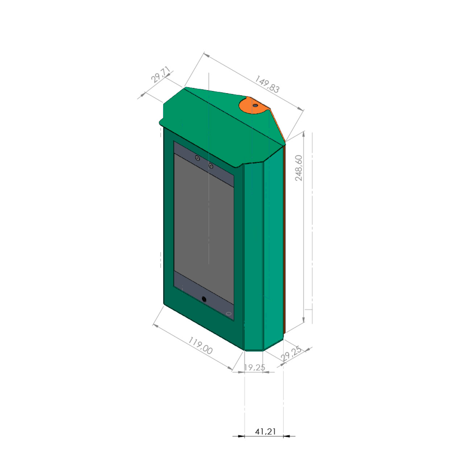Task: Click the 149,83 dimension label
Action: [x=267, y=84]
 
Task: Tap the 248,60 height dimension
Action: [x=299, y=168]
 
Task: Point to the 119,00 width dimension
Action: [x=200, y=346]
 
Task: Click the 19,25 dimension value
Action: [x=254, y=368]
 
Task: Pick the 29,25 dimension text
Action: [x=291, y=353]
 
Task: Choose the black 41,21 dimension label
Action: [x=265, y=431]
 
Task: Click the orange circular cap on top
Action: [x=254, y=105]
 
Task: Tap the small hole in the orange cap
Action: [x=255, y=105]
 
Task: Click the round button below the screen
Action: [x=204, y=299]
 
